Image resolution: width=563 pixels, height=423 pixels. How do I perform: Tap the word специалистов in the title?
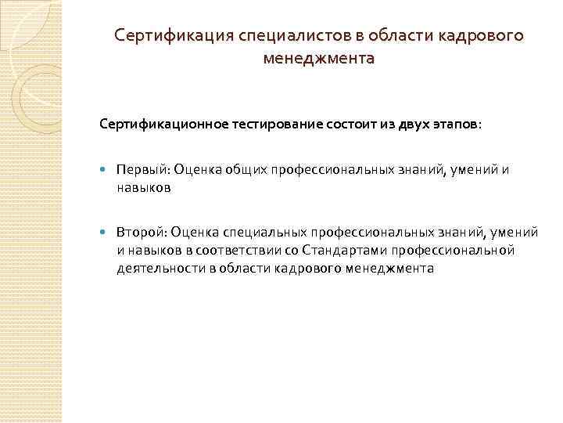pyautogui.click(x=262, y=37)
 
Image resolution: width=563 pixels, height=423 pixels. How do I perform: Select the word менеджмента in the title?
pyautogui.click(x=319, y=58)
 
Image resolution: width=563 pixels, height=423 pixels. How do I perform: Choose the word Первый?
pyautogui.click(x=142, y=170)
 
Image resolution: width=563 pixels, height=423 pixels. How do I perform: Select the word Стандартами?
pyautogui.click(x=330, y=251)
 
